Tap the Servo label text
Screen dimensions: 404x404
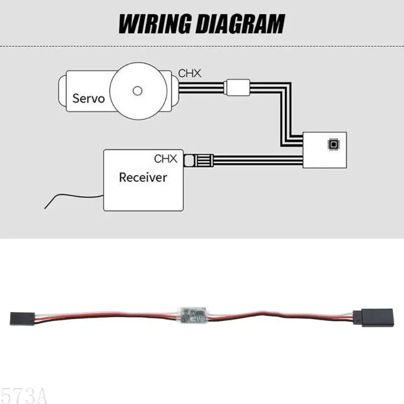[x=88, y=97]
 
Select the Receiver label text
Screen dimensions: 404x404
[x=142, y=177]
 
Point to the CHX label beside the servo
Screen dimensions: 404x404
[x=189, y=73]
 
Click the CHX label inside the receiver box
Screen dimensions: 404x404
[x=166, y=159]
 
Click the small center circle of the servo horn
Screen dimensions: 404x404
[x=136, y=91]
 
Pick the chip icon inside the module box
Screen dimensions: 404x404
[x=333, y=145]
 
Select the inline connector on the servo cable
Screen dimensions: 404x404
[x=237, y=88]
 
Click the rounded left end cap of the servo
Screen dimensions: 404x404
[x=63, y=91]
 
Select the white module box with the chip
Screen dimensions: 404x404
[x=325, y=150]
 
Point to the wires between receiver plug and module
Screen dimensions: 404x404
[x=258, y=162]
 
